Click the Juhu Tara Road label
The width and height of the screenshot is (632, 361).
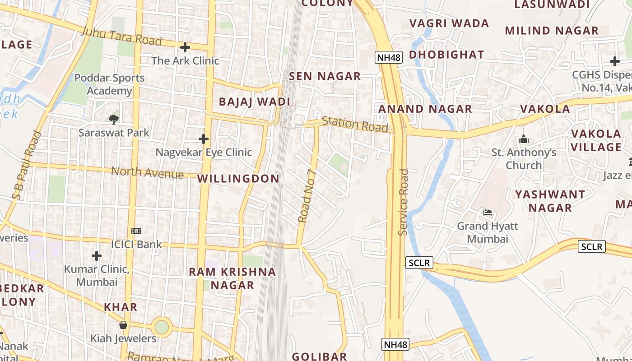tap(121, 37)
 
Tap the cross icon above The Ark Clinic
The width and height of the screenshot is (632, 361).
tap(185, 47)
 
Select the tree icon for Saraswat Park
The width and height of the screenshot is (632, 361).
tap(114, 119)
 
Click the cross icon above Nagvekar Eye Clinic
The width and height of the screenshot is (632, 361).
tap(204, 139)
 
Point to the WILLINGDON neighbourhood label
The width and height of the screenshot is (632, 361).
tap(238, 179)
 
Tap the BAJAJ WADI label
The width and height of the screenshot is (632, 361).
tap(254, 102)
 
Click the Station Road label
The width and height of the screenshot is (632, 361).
tap(355, 124)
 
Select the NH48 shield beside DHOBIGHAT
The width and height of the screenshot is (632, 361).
tap(388, 57)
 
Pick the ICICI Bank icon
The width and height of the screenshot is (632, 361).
tap(136, 231)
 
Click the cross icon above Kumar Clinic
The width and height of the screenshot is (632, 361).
tap(97, 256)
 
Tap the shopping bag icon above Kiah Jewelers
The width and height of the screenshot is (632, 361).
tap(123, 325)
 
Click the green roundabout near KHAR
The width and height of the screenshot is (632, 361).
tap(162, 327)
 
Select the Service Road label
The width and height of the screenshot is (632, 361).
tap(403, 202)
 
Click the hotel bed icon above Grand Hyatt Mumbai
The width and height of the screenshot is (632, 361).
tap(487, 212)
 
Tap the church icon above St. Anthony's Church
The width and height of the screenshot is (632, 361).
tap(524, 139)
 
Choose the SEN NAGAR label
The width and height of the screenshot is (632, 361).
tap(325, 76)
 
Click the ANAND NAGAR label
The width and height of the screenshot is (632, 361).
tap(425, 109)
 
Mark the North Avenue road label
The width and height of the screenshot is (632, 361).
tap(147, 172)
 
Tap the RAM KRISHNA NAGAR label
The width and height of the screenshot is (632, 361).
tap(232, 278)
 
